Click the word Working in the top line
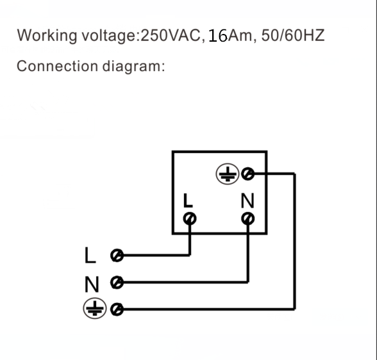point(47,36)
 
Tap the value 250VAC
point(171,35)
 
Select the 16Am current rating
point(230,35)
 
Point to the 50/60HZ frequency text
point(293,35)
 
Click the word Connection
point(57,66)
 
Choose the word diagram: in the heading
point(133,67)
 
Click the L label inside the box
point(188,200)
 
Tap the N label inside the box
point(247,200)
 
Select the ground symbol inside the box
point(227,174)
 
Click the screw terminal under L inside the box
point(190,219)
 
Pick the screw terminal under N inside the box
point(248,219)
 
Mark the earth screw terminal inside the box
point(247,174)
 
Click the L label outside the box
point(90,256)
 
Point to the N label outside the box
point(92,284)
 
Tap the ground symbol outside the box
point(95,308)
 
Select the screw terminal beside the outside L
point(117,256)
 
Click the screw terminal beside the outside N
point(117,282)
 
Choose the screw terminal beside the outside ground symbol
point(117,309)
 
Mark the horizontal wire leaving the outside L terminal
point(156,255)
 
